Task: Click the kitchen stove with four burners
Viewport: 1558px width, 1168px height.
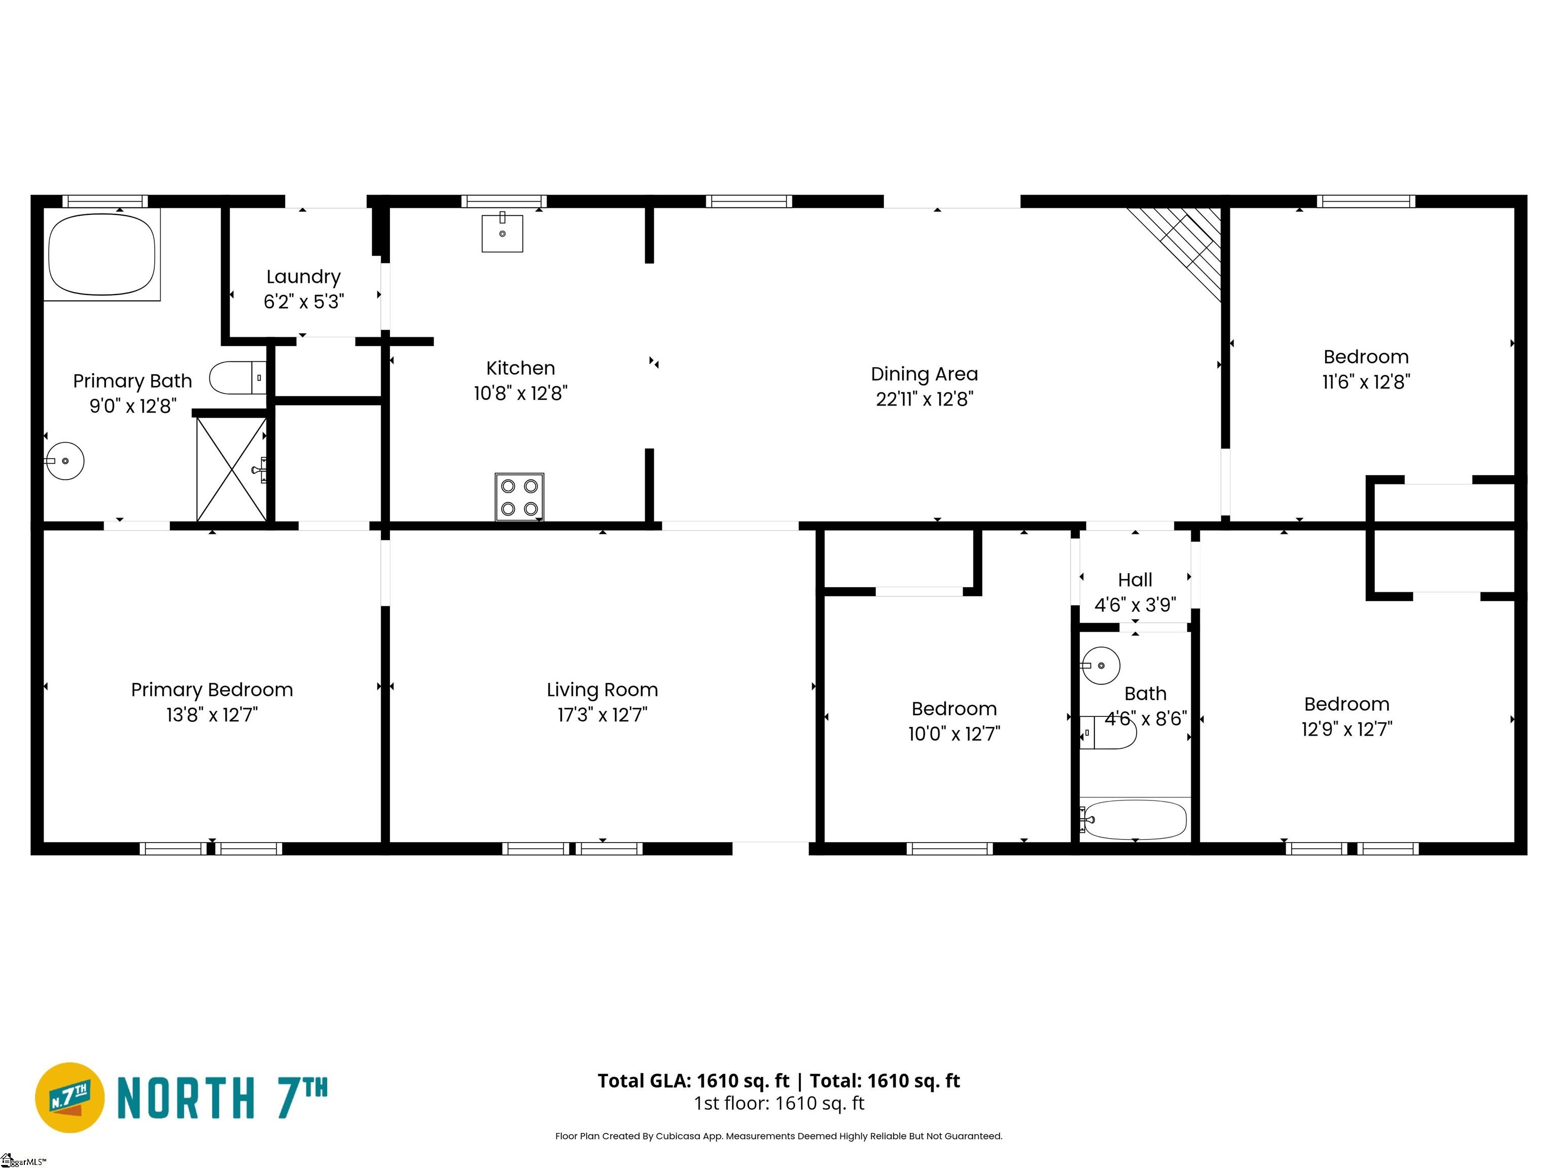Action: click(519, 497)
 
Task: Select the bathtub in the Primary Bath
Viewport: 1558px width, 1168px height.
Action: click(102, 254)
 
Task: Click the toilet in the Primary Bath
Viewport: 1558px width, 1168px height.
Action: click(238, 377)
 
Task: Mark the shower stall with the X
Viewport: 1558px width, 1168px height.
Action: click(232, 469)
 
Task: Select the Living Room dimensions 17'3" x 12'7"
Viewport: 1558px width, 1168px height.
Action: click(602, 715)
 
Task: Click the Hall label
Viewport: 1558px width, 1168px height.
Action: click(1135, 579)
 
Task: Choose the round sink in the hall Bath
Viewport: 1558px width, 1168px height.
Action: click(1100, 665)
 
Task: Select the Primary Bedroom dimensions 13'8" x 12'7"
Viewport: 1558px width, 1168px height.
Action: click(212, 715)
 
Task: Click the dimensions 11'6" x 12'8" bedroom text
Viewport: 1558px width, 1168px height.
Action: click(1366, 382)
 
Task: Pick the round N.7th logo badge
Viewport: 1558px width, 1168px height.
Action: click(69, 1098)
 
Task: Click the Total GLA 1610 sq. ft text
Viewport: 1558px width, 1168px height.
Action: click(694, 1081)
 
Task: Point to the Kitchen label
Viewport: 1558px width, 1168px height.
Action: click(520, 368)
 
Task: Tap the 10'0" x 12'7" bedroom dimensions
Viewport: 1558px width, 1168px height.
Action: click(953, 734)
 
